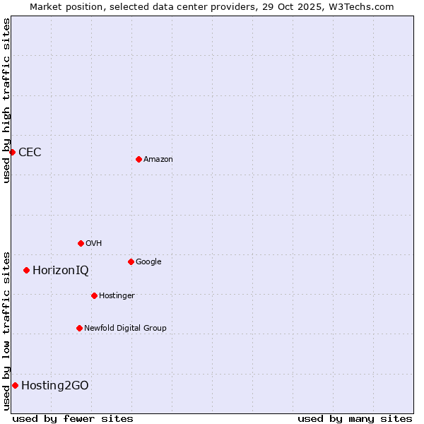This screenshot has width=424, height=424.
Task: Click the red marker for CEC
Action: point(12,152)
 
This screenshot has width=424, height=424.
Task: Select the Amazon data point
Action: point(139,159)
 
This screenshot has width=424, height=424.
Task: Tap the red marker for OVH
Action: point(81,243)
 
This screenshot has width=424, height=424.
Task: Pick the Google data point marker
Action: point(131,261)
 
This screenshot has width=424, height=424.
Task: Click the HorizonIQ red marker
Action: point(26,270)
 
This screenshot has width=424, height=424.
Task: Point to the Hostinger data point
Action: point(94,295)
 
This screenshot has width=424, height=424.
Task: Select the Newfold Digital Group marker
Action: point(79,328)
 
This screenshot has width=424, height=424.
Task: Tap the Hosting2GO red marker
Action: point(15,385)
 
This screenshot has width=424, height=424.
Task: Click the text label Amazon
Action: point(158,160)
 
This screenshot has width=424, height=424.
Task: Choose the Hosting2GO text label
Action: point(55,385)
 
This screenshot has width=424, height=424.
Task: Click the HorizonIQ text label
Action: point(61,271)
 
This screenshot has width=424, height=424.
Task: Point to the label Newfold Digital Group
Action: point(125,328)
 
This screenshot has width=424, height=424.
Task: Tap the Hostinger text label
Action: point(117,295)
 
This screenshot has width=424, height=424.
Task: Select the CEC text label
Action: point(30,153)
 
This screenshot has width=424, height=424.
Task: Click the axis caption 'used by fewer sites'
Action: point(73,418)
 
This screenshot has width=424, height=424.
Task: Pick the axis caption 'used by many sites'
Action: point(355,418)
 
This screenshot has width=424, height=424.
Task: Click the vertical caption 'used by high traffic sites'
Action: point(6,100)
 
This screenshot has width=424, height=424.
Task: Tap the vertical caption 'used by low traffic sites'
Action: point(6,330)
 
